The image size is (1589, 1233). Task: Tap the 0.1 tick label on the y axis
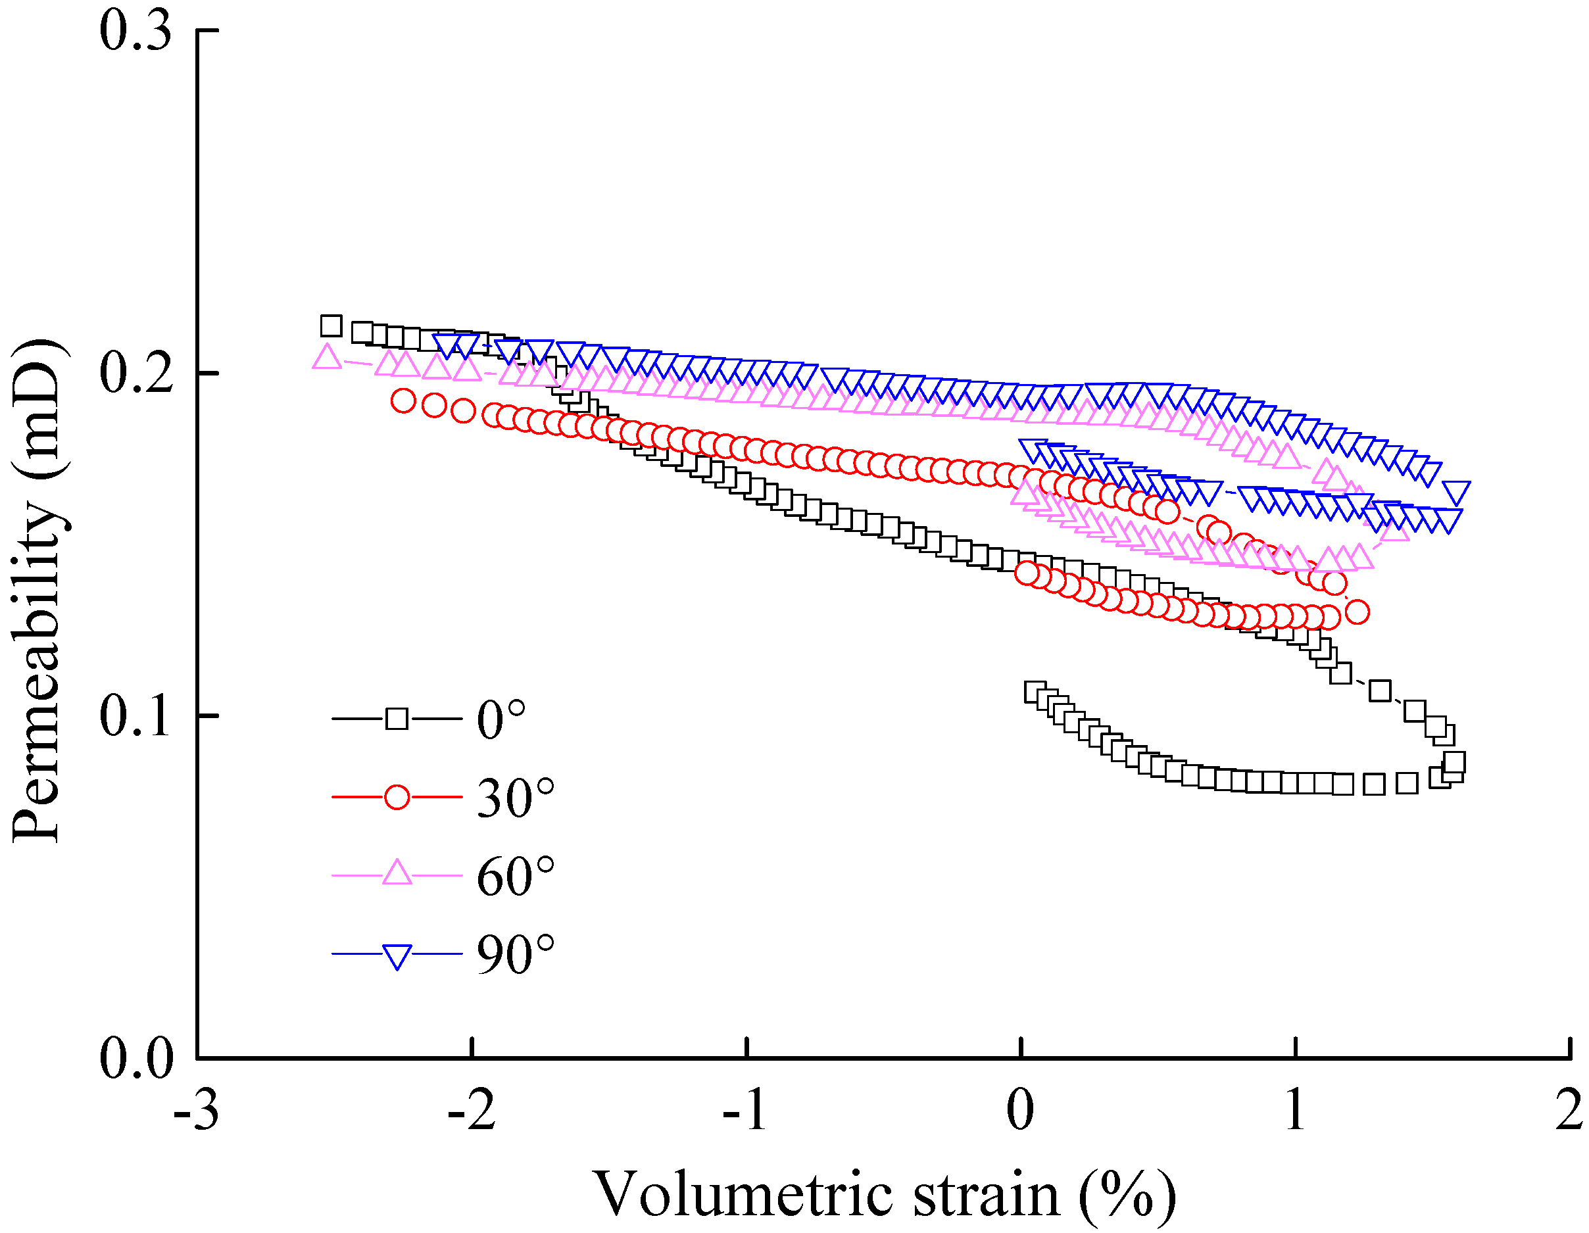[x=136, y=717]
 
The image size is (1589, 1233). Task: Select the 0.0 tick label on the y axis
[x=136, y=1059]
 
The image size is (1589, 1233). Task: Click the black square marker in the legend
[x=397, y=719]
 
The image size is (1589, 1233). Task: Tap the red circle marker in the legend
[x=397, y=797]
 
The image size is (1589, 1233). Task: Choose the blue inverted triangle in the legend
[x=397, y=955]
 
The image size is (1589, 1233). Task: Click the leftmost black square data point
[x=331, y=326]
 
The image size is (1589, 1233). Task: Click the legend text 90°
[x=515, y=955]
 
